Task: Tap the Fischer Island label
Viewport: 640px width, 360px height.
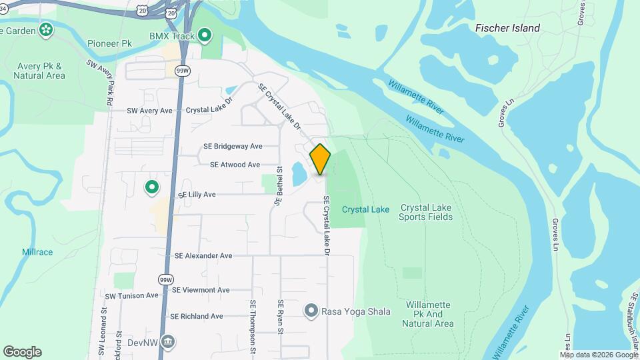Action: [507, 28]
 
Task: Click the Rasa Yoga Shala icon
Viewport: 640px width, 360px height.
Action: [311, 310]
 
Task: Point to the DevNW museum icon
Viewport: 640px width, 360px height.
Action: [168, 342]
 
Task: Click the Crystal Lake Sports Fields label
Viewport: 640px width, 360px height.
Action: [426, 213]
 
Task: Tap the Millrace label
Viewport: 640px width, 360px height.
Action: [37, 253]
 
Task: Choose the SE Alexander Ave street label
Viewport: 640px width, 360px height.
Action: [203, 255]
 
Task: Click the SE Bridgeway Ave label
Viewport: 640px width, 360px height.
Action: [233, 146]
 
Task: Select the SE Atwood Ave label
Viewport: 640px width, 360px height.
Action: [235, 164]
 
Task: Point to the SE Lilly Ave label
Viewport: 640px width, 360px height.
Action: [197, 195]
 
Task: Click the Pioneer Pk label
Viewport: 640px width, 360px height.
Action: [109, 43]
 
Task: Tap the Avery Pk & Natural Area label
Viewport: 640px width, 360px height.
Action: [39, 71]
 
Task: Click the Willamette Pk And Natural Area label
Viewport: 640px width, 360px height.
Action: [428, 314]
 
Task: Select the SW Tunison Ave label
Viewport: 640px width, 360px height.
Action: [131, 295]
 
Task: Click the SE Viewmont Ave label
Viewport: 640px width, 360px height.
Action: [201, 290]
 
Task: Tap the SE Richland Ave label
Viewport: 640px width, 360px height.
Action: [196, 317]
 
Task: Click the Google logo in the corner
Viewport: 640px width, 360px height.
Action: [22, 352]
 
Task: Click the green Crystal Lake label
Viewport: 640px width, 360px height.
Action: [365, 209]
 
